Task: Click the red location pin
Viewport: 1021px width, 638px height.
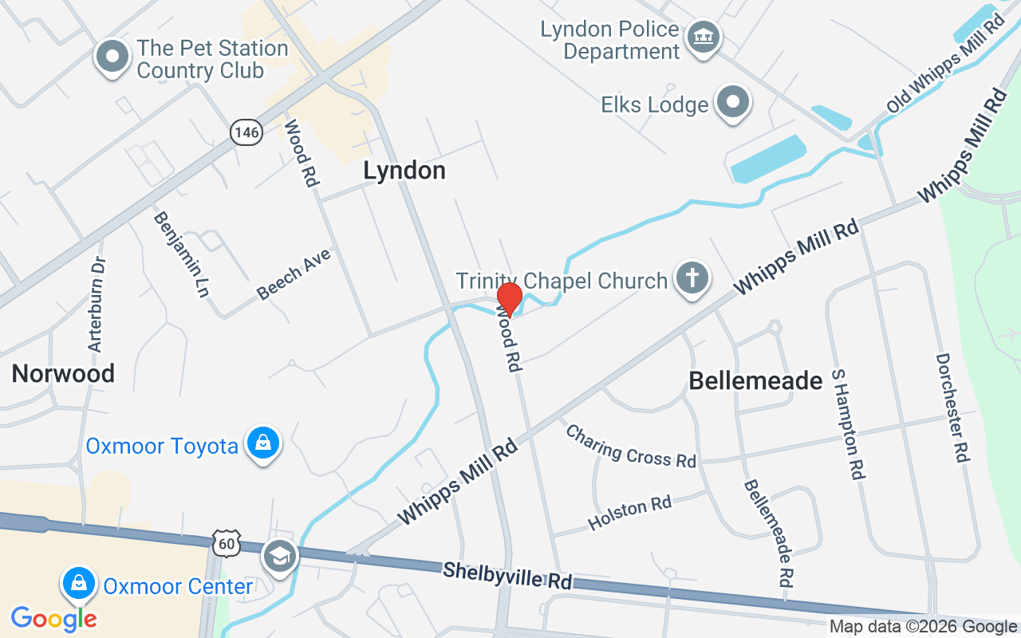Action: click(509, 299)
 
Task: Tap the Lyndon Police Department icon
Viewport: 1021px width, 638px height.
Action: click(704, 37)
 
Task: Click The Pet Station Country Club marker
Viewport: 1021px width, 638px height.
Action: click(112, 57)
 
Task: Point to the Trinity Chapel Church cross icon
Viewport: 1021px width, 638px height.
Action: click(692, 279)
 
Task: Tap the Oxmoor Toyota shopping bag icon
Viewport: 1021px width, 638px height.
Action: click(262, 443)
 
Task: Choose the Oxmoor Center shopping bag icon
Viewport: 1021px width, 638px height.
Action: click(79, 585)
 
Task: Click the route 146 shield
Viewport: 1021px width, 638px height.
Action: click(246, 132)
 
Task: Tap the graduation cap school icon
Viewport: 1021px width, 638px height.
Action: click(279, 557)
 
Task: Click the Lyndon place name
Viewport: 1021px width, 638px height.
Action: click(404, 171)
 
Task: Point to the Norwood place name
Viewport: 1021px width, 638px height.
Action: click(63, 373)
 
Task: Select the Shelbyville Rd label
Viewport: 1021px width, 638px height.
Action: click(508, 575)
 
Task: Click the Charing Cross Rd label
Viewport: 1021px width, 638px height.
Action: click(631, 446)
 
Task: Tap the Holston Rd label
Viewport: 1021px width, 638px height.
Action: click(629, 513)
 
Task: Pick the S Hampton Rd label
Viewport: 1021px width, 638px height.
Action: click(848, 423)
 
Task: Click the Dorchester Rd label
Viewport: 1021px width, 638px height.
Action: click(953, 408)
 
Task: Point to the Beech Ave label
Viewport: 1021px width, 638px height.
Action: click(294, 274)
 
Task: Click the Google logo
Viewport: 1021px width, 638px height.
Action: click(53, 619)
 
